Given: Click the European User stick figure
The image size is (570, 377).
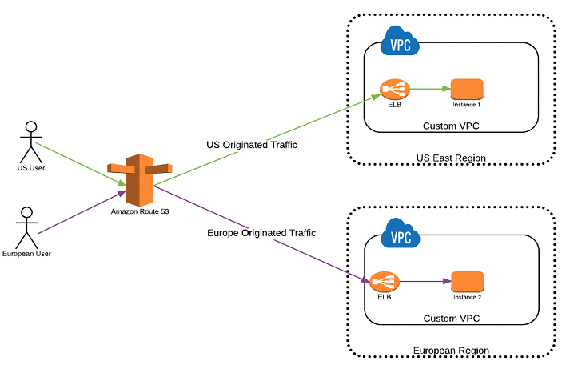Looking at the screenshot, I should coord(26,227).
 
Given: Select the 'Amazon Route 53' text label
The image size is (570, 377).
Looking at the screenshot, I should coord(140,211).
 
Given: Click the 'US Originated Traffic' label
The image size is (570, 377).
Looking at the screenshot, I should coord(252,145).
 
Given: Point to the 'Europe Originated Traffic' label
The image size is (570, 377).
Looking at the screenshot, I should coord(261,233).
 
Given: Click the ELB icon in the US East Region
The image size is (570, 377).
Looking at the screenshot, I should coord(394,90).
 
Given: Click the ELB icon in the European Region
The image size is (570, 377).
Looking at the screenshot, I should coord(384,282).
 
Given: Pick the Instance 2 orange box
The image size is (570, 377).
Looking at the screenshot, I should coord(468,282).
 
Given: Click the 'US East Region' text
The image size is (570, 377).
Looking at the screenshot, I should coord(451,158).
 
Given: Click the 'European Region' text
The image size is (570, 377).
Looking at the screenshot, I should coord(451,351).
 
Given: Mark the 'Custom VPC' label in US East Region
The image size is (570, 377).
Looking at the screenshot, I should coord(451,126).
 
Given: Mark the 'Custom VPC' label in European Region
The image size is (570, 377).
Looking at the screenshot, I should coord(451,319).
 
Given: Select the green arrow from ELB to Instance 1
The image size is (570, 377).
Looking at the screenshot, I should coord(429,90).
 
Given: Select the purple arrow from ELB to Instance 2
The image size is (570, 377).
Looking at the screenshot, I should coord(424,282).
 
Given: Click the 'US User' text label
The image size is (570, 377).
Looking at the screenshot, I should coord(31,168).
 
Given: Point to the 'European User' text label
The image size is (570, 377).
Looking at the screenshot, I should coord(26,254).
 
